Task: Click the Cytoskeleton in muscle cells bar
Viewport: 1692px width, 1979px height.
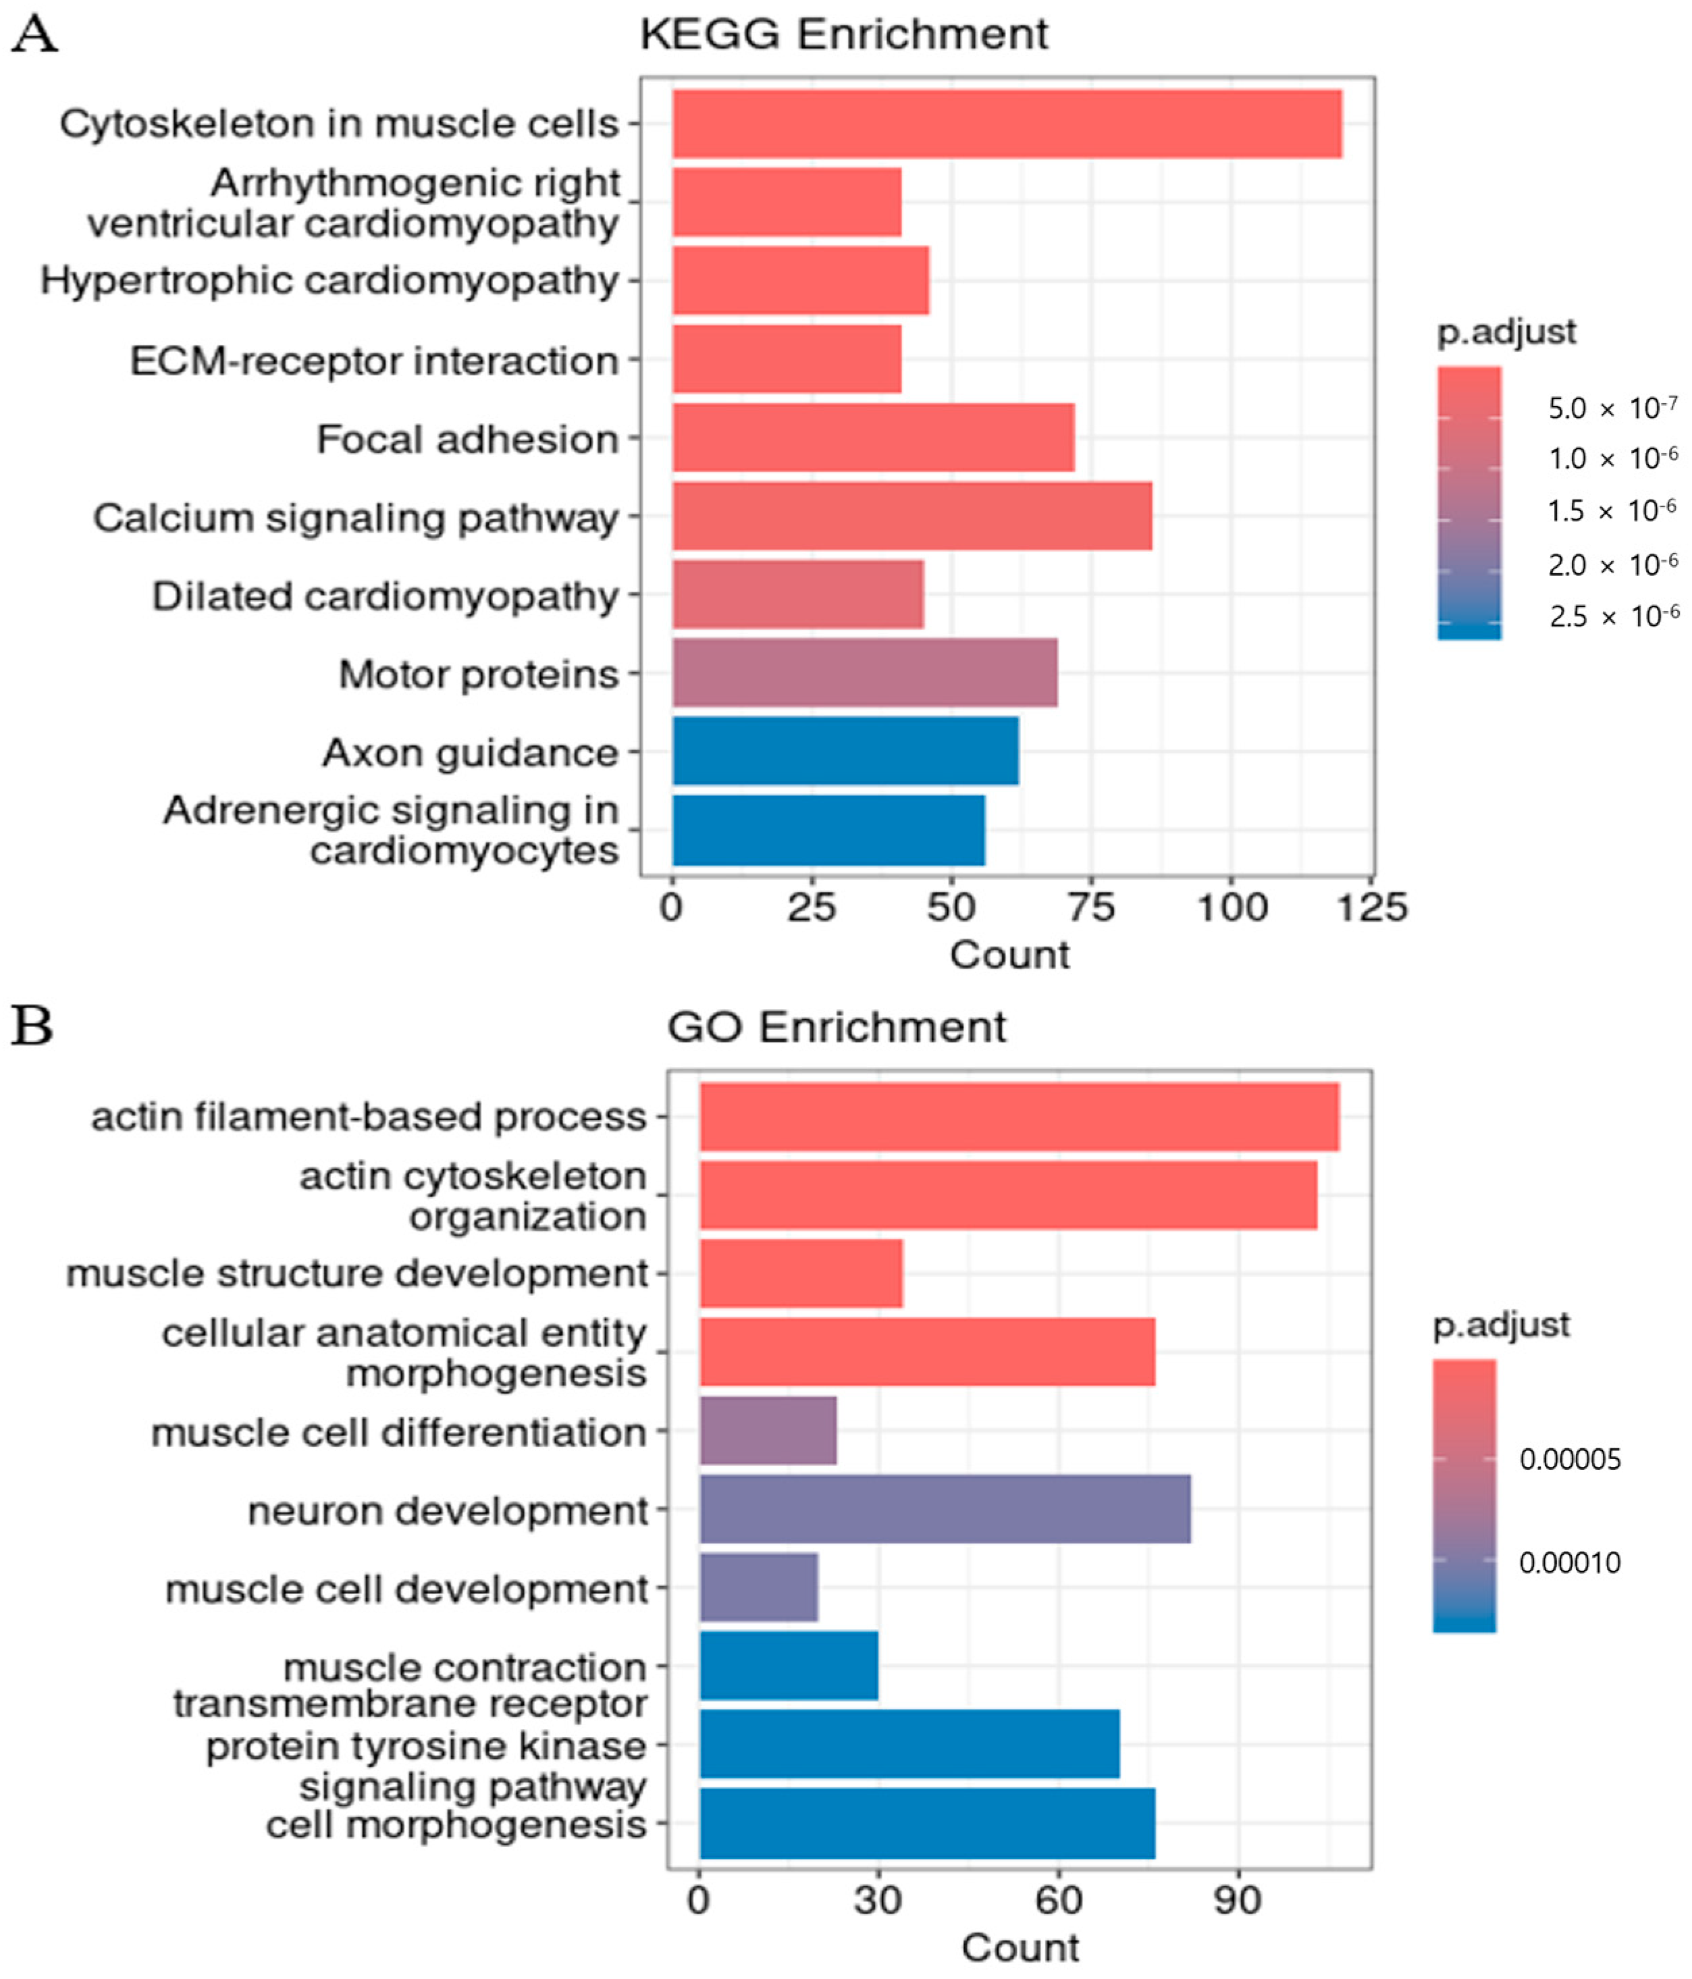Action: point(1007,124)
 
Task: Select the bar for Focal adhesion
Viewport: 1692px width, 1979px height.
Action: point(873,438)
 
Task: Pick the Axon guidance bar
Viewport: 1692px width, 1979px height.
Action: point(845,751)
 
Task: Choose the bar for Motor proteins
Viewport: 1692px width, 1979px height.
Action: point(864,673)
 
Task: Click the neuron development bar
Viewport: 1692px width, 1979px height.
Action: point(945,1510)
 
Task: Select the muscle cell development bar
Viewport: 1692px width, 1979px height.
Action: point(758,1588)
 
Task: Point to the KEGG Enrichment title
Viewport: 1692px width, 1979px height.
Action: point(843,34)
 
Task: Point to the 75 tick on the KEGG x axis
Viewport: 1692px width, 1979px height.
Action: point(1091,906)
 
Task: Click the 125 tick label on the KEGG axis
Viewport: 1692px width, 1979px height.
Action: point(1371,906)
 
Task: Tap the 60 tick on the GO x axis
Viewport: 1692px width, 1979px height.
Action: point(1058,1901)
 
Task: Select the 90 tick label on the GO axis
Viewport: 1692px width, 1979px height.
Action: point(1238,1901)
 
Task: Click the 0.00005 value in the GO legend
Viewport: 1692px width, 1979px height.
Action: point(1570,1459)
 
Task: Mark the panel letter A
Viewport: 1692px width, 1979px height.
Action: point(34,34)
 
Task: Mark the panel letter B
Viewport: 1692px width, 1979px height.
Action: point(32,1028)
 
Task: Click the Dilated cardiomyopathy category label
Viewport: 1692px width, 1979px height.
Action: point(385,596)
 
